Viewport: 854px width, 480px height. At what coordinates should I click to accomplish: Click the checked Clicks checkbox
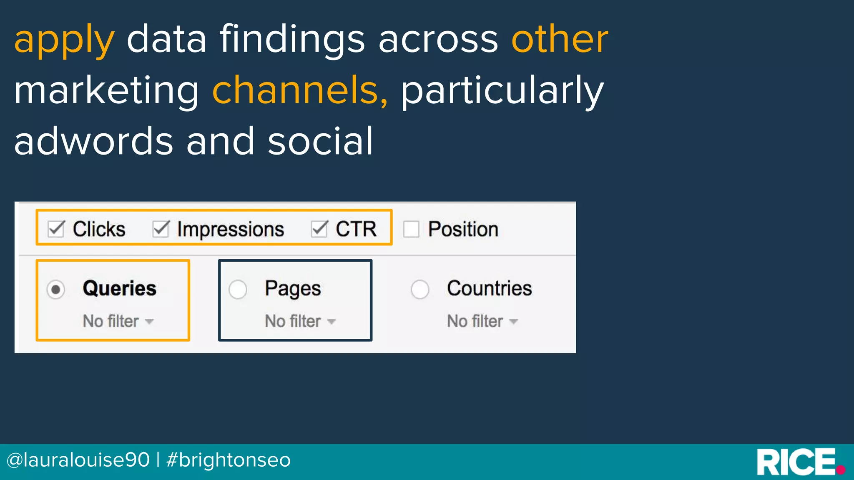pos(56,229)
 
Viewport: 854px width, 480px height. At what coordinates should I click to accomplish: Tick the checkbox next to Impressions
pos(161,229)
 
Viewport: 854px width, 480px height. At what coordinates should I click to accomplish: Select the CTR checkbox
pos(319,229)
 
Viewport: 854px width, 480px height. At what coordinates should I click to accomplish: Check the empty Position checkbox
pos(411,229)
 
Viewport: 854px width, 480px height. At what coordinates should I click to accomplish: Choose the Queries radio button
pos(55,289)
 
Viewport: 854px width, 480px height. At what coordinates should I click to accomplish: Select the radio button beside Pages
pos(238,289)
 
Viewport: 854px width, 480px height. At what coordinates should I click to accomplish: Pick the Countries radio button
pos(420,289)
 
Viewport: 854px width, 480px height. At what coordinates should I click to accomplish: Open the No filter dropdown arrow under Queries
pos(149,322)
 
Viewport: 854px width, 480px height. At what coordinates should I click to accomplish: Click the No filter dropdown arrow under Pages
pos(332,322)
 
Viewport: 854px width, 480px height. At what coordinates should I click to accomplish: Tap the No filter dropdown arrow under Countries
pos(514,322)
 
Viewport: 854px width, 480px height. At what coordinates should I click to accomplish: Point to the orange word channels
pos(299,90)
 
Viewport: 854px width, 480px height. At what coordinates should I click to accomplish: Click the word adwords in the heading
pos(93,142)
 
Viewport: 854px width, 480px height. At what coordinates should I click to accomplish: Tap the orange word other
pos(560,39)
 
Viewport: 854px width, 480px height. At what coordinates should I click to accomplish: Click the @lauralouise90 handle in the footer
pos(78,460)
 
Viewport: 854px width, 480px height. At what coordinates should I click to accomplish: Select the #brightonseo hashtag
pos(229,460)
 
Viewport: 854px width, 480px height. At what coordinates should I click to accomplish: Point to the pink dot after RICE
pos(841,470)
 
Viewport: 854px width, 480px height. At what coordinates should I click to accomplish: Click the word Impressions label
pos(230,230)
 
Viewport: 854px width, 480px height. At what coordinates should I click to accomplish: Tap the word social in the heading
pos(320,142)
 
